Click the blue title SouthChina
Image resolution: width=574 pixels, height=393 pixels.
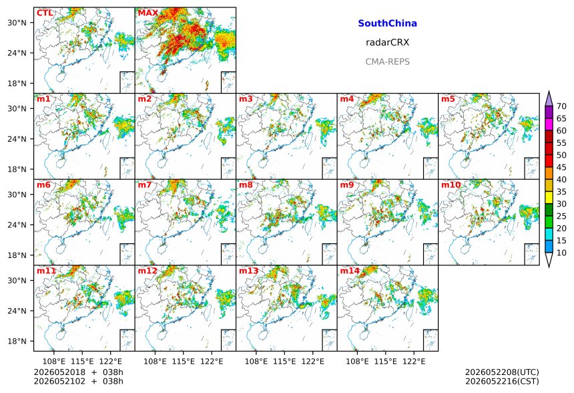coord(387,23)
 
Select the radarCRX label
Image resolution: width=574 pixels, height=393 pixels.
coord(387,43)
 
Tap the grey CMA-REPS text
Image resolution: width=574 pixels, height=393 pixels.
coord(387,61)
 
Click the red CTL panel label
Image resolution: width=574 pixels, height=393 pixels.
coord(45,13)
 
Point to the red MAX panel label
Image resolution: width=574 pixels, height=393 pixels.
coord(148,13)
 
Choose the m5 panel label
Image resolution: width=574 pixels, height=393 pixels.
coord(448,99)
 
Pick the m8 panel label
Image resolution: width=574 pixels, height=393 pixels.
coord(246,184)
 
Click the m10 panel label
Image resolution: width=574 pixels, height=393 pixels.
coord(451,184)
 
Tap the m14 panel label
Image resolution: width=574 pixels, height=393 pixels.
coord(350,271)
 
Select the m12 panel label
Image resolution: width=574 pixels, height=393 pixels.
coord(148,271)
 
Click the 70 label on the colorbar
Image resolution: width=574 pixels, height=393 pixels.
coord(561,106)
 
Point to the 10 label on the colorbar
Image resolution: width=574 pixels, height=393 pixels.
coord(561,253)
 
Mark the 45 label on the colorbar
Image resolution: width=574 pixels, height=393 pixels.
coord(561,167)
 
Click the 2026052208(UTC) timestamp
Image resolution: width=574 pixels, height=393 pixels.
coord(502,372)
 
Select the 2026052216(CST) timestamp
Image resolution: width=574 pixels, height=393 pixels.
coord(502,381)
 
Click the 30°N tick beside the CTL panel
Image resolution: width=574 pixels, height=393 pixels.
coord(17,23)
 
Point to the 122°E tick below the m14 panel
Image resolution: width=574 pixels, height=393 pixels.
coord(414,362)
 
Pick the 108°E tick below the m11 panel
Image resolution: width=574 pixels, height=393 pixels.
coord(54,362)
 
